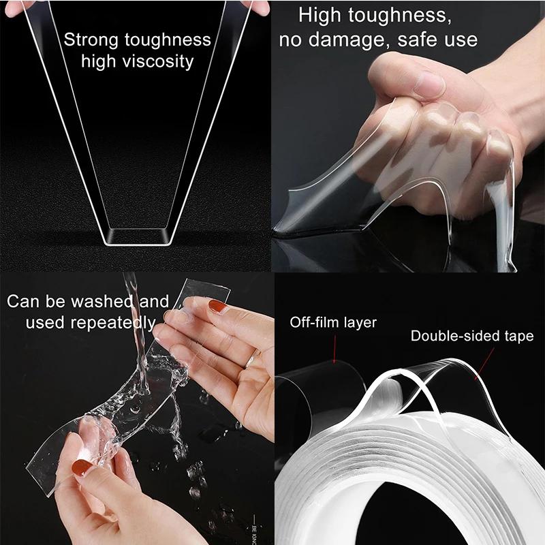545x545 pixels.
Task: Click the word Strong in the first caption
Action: [91, 40]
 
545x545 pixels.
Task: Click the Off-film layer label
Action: [333, 322]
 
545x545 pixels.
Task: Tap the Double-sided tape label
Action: [471, 336]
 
